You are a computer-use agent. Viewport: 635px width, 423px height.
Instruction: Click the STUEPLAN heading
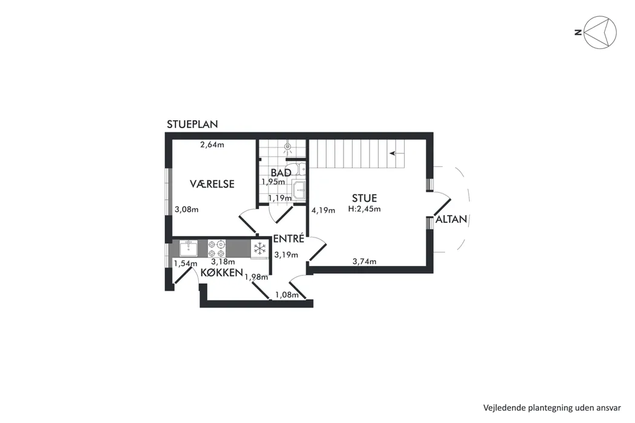pyautogui.click(x=192, y=124)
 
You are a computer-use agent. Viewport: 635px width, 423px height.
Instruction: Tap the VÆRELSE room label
pyautogui.click(x=212, y=184)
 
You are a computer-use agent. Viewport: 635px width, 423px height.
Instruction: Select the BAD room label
pyautogui.click(x=281, y=173)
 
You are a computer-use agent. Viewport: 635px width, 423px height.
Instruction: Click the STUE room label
pyautogui.click(x=365, y=198)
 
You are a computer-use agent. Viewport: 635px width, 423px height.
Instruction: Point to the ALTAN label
pyautogui.click(x=452, y=219)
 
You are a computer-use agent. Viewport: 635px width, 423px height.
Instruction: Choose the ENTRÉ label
pyautogui.click(x=288, y=239)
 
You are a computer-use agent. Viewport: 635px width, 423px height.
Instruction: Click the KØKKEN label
pyautogui.click(x=221, y=273)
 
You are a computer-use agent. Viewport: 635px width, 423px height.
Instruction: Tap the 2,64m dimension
pyautogui.click(x=212, y=144)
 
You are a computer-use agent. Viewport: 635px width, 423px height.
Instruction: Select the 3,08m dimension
pyautogui.click(x=186, y=210)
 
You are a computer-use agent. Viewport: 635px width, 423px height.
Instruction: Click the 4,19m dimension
pyautogui.click(x=323, y=210)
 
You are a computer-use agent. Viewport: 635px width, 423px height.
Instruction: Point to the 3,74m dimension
pyautogui.click(x=365, y=262)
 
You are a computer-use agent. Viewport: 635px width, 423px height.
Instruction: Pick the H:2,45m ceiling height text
pyautogui.click(x=365, y=209)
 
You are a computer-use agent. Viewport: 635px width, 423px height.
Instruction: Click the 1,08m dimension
pyautogui.click(x=287, y=295)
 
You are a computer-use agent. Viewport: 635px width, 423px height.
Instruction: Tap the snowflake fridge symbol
pyautogui.click(x=259, y=248)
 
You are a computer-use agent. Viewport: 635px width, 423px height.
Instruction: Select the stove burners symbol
pyautogui.click(x=217, y=248)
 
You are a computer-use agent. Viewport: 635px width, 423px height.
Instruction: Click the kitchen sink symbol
pyautogui.click(x=188, y=248)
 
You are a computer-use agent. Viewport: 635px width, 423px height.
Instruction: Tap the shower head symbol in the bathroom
pyautogui.click(x=288, y=147)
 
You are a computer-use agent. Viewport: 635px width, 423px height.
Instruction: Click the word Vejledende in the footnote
pyautogui.click(x=505, y=408)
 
